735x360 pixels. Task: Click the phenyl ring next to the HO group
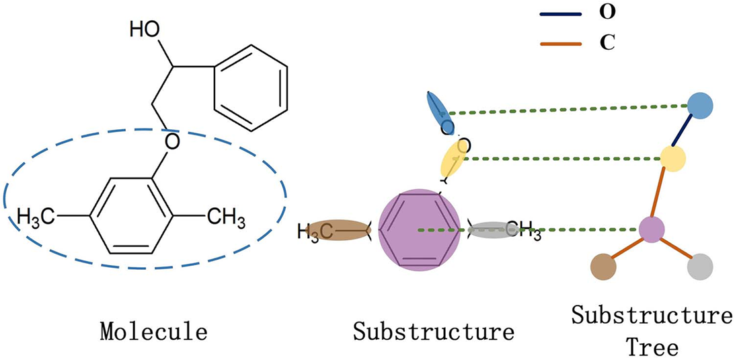coord(251,87)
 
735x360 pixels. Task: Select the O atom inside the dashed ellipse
coord(173,142)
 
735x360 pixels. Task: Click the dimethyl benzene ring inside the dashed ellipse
coord(132,216)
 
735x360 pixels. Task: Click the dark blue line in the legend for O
coord(562,13)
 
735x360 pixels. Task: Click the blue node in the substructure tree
coord(700,106)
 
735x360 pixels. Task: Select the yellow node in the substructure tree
coord(672,157)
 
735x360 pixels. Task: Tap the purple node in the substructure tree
coord(651,229)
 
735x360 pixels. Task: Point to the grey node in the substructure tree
coord(699,267)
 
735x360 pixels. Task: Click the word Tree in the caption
coord(652,347)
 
